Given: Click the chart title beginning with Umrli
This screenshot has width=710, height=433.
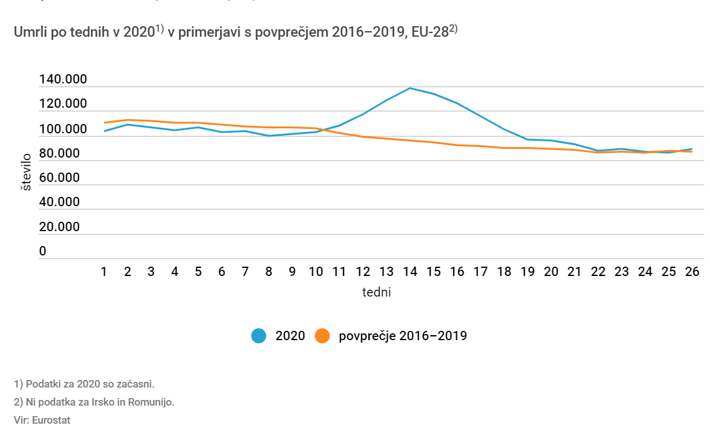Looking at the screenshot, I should pos(236,32).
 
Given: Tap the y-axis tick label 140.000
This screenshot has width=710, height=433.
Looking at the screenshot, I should pos(63,80).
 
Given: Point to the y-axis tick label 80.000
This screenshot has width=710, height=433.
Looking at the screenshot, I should pos(60,153).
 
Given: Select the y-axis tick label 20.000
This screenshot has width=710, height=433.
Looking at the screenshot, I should pos(60,227).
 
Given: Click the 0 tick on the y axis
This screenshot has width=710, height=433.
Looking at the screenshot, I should pos(43,251).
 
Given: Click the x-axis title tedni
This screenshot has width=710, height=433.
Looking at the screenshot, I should pos(377,292).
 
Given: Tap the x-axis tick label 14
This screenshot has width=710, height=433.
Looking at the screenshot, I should pos(410,272).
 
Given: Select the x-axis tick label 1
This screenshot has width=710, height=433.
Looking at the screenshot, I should pos(104,272).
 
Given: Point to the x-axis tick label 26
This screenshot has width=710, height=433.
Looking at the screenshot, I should pos(691,272).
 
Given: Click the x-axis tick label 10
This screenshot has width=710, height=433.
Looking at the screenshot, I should pos(316,272).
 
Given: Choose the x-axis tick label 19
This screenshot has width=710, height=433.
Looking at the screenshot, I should pos(527,272).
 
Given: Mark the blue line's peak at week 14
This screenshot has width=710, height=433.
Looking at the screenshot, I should pos(410,88).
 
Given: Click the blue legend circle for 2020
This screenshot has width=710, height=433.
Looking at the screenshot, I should pos(259,336).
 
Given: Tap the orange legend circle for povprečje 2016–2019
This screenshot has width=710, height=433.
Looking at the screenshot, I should pos(322,336).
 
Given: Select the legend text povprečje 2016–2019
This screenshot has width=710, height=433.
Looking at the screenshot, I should pos(403,336).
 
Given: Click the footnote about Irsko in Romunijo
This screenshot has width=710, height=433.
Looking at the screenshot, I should pos(94,402).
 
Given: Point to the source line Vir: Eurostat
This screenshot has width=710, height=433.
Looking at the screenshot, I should pos(42,420).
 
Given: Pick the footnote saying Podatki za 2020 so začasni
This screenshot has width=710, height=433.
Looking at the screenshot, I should pos(84,384).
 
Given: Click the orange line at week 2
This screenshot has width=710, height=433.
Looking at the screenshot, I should pos(128,120).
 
